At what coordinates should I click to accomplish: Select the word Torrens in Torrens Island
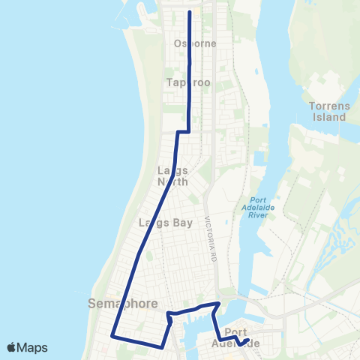coord(329,106)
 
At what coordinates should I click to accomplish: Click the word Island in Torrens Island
coord(329,117)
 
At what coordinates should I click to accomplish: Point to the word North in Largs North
coord(173,181)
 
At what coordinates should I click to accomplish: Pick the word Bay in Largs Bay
coord(183,223)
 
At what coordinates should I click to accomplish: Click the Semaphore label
coord(122,304)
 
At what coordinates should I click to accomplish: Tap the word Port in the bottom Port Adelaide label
coord(235,332)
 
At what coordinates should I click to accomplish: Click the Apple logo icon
coord(13,347)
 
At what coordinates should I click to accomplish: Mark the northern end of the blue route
coord(188,12)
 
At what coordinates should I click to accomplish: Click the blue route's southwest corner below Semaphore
coord(113,334)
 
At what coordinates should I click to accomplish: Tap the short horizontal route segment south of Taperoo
coord(183,132)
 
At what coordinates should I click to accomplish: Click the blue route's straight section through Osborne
coord(188,45)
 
